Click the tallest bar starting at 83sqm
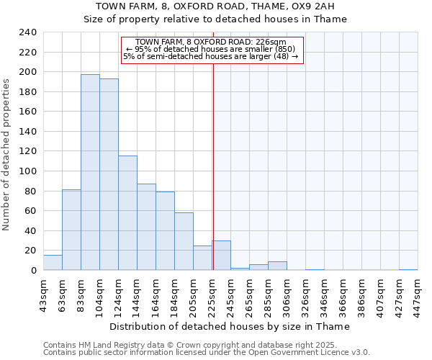coord(90,173)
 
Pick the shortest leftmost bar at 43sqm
coord(53,263)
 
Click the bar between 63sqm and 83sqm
coord(71,230)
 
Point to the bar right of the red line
coord(221,256)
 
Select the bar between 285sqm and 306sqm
coord(277,266)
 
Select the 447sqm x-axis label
coord(418,295)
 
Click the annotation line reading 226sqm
coord(210,42)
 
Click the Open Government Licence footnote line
coord(206,353)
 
